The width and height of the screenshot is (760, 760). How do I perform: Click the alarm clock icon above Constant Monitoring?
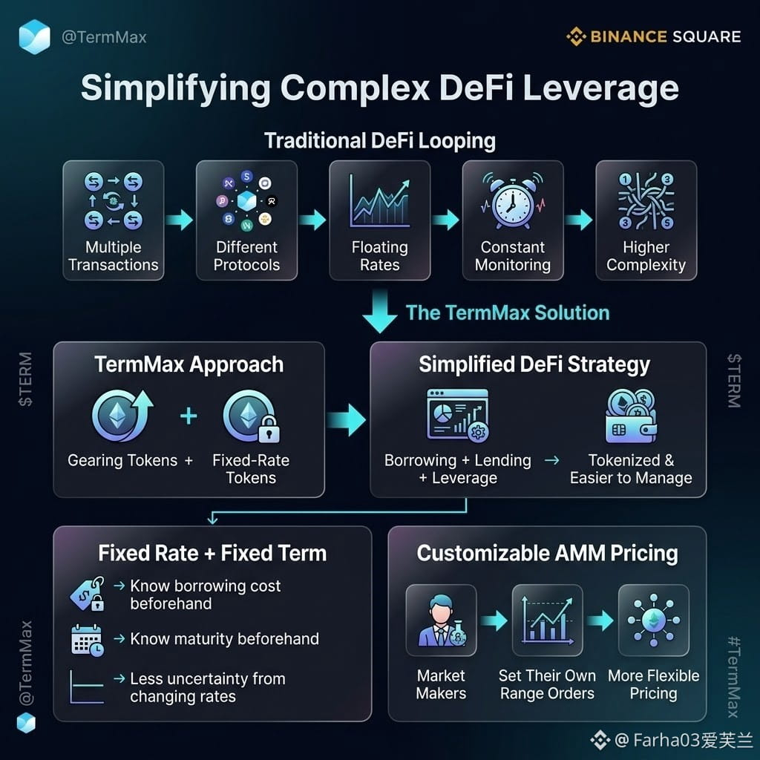(x=513, y=200)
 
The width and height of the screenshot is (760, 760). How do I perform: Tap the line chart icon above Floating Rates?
(x=379, y=201)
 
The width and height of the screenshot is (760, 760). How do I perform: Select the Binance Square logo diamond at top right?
(x=576, y=36)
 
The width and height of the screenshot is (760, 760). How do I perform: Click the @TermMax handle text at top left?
(x=104, y=37)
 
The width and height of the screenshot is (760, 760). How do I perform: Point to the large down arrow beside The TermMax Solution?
(x=380, y=311)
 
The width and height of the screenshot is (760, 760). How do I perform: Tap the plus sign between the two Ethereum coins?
(x=189, y=416)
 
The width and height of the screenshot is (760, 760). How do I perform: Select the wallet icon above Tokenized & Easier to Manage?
(x=631, y=416)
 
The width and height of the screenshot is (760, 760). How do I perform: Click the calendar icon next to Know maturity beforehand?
(x=88, y=641)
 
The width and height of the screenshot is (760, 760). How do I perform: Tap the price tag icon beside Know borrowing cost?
(x=88, y=594)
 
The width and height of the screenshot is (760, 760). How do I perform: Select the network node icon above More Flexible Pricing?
(x=653, y=620)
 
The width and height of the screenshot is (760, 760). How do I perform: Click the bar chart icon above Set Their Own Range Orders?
(x=547, y=620)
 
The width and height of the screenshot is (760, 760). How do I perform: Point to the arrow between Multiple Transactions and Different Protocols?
(x=180, y=220)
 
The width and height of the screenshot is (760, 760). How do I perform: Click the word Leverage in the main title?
(x=601, y=89)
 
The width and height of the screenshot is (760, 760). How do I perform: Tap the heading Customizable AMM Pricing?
(x=547, y=553)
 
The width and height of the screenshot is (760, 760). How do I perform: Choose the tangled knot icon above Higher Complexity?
(x=646, y=200)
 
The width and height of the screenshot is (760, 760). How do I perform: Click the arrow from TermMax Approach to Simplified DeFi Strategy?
(x=346, y=420)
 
